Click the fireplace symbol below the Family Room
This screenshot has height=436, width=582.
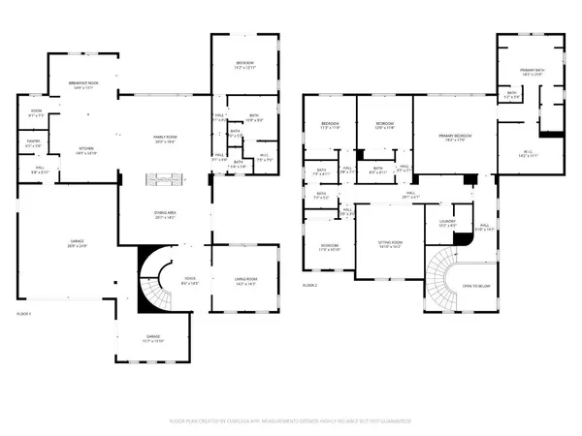[x=161, y=178]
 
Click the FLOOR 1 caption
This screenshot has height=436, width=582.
[x=26, y=313]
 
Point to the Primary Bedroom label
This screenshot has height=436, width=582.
[x=453, y=139]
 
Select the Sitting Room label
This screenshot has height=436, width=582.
[x=389, y=245]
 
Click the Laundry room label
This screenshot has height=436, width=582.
[x=446, y=224]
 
